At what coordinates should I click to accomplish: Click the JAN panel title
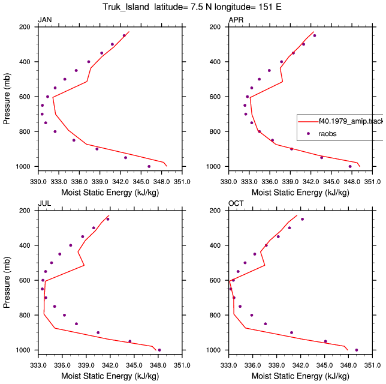point(45,20)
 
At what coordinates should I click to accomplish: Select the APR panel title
point(236,20)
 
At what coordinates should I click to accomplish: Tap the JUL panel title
point(44,203)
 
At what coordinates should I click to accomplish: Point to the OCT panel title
point(236,203)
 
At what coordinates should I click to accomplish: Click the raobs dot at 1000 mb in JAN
point(149,166)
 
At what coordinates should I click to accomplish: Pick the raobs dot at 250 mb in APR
point(314,35)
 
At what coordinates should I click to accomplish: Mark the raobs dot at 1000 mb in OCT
point(357,350)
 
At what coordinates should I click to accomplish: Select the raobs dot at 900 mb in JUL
point(98,332)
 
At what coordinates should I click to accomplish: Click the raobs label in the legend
point(327,134)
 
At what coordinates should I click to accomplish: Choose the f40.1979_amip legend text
point(351,121)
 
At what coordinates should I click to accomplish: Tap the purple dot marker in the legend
point(308,134)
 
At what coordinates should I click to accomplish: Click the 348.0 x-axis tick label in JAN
point(161,182)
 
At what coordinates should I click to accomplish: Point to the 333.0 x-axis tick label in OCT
point(229,365)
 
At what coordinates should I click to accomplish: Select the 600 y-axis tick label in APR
point(216,97)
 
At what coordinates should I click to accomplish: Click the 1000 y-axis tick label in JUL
point(23,350)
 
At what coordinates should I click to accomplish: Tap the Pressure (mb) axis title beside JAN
point(7,99)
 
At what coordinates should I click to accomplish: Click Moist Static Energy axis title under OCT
point(300,376)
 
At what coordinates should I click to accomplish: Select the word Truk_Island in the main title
point(126,7)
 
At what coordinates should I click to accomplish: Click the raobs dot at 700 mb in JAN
point(42,114)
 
